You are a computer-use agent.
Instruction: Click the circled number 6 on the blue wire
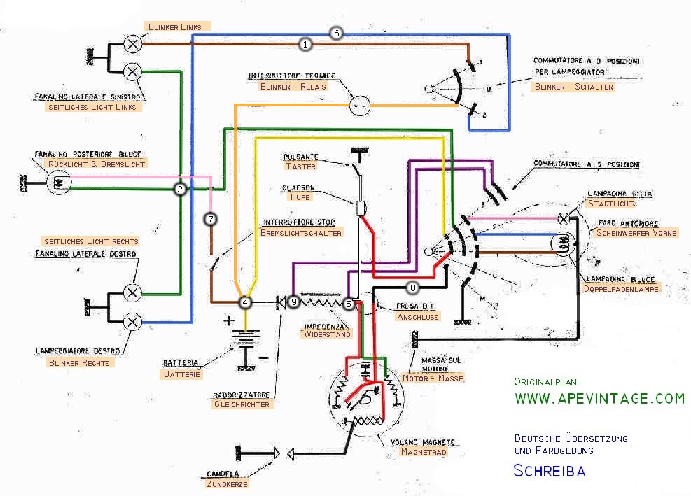tap(335, 33)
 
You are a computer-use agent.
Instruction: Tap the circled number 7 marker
tap(209, 219)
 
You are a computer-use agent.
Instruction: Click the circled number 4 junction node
tap(245, 302)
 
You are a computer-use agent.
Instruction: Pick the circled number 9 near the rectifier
tap(293, 302)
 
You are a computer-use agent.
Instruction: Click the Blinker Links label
tap(174, 27)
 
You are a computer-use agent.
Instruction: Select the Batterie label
tap(182, 374)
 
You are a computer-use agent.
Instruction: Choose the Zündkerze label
tap(228, 483)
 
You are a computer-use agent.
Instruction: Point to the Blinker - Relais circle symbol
tap(359, 106)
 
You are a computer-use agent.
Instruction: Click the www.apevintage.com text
tap(599, 399)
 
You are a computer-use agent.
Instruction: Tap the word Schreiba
tap(550, 470)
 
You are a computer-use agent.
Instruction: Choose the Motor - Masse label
tap(432, 378)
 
